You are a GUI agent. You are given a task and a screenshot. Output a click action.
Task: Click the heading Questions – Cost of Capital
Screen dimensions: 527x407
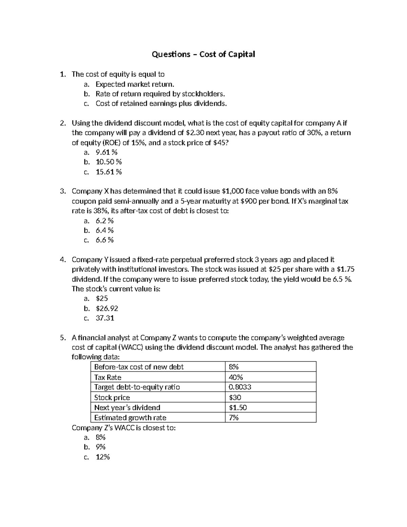[203, 54]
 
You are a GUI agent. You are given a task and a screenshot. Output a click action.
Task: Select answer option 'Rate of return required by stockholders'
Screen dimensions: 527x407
[160, 94]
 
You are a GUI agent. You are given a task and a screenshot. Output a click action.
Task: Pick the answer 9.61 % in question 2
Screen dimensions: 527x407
[106, 152]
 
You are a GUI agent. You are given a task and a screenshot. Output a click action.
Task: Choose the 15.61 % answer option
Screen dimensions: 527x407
[109, 172]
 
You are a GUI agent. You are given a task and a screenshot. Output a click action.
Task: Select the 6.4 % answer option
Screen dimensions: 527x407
[104, 230]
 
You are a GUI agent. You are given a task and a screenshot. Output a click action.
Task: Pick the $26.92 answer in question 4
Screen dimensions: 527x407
[107, 308]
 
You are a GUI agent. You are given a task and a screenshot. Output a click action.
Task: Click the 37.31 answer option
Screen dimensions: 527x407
[105, 318]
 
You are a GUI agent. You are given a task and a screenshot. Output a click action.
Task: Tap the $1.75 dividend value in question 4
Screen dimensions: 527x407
[346, 269]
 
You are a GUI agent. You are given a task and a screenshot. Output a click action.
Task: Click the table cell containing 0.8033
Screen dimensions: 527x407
[240, 387]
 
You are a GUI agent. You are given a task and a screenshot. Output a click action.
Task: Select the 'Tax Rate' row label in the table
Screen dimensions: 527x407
[108, 377]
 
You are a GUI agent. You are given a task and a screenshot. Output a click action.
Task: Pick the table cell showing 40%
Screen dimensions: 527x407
[236, 377]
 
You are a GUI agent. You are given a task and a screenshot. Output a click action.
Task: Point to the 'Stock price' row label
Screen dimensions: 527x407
[112, 397]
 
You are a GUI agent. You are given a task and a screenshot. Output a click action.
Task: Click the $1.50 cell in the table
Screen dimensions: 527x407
[238, 408]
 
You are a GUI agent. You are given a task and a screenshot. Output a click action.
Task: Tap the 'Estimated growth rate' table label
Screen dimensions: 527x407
[130, 418]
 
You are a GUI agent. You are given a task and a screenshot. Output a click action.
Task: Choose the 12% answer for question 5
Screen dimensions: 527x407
[103, 457]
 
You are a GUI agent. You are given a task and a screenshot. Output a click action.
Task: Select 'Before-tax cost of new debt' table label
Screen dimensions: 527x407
[139, 367]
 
